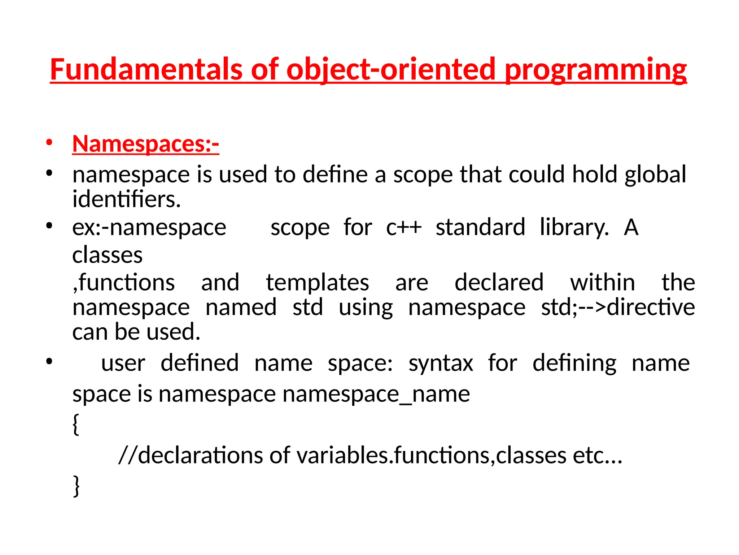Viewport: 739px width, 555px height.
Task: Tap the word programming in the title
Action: pyautogui.click(x=595, y=69)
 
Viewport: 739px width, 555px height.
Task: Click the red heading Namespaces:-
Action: pyautogui.click(x=145, y=144)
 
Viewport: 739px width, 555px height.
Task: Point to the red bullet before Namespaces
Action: pyautogui.click(x=49, y=142)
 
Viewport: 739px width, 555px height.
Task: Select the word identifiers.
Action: pyautogui.click(x=126, y=199)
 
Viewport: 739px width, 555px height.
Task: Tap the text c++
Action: pyautogui.click(x=403, y=228)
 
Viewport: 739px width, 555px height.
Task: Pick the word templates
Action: pyautogui.click(x=318, y=283)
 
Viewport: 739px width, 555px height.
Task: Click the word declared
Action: pyautogui.click(x=499, y=283)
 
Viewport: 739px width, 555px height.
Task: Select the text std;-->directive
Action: pyautogui.click(x=618, y=307)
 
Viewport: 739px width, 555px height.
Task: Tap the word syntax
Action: pyautogui.click(x=441, y=363)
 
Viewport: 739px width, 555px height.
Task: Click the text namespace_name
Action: pyautogui.click(x=376, y=394)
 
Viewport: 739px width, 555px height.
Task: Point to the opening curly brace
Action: pyautogui.click(x=76, y=425)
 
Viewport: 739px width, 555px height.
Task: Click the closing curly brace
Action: pyautogui.click(x=76, y=486)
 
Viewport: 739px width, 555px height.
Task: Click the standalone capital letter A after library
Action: pyautogui.click(x=631, y=228)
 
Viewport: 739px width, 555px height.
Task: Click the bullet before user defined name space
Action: pyautogui.click(x=49, y=361)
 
